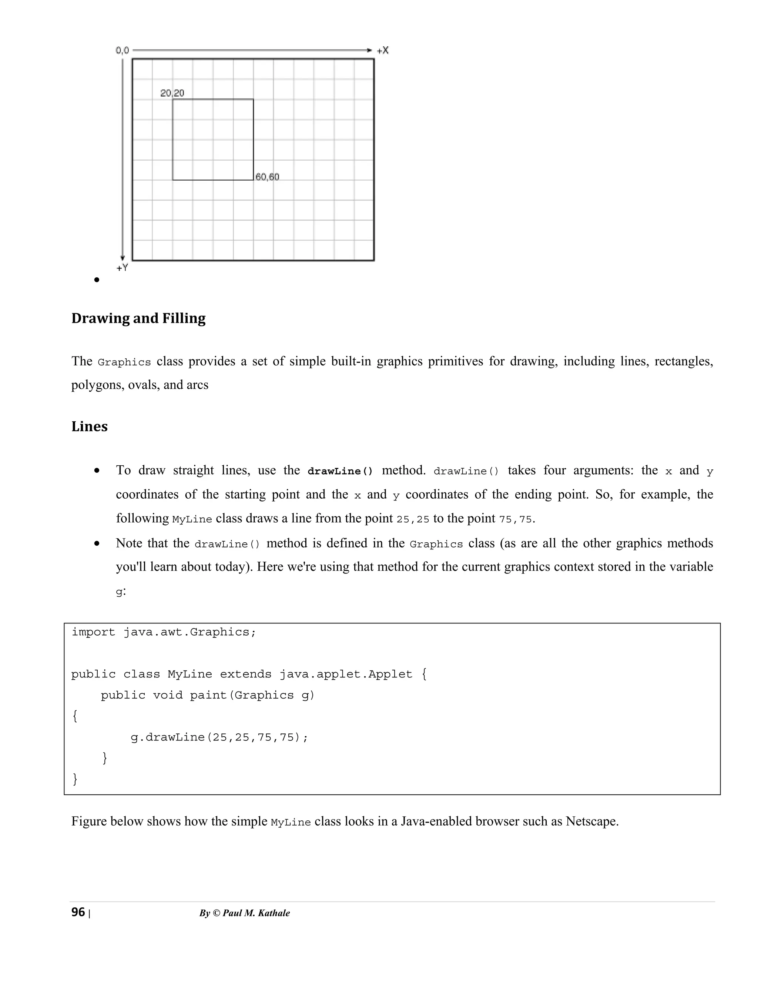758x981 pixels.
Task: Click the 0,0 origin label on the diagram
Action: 122,50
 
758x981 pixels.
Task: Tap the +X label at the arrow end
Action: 383,50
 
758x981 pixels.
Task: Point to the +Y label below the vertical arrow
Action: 122,268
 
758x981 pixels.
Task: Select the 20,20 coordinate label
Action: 172,93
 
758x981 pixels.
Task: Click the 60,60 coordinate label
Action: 267,177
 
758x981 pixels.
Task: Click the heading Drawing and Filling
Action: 138,318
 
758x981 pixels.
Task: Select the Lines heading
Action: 89,426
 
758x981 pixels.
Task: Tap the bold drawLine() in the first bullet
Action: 340,471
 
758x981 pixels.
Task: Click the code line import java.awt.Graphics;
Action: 164,632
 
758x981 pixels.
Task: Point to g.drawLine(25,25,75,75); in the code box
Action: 219,737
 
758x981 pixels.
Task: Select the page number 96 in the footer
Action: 78,912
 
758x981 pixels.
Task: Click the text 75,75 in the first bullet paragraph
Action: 515,519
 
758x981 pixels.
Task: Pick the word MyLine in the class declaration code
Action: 189,674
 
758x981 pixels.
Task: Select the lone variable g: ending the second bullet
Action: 120,592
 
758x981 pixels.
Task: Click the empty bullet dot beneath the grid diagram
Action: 97,280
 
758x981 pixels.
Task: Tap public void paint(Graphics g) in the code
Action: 208,695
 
